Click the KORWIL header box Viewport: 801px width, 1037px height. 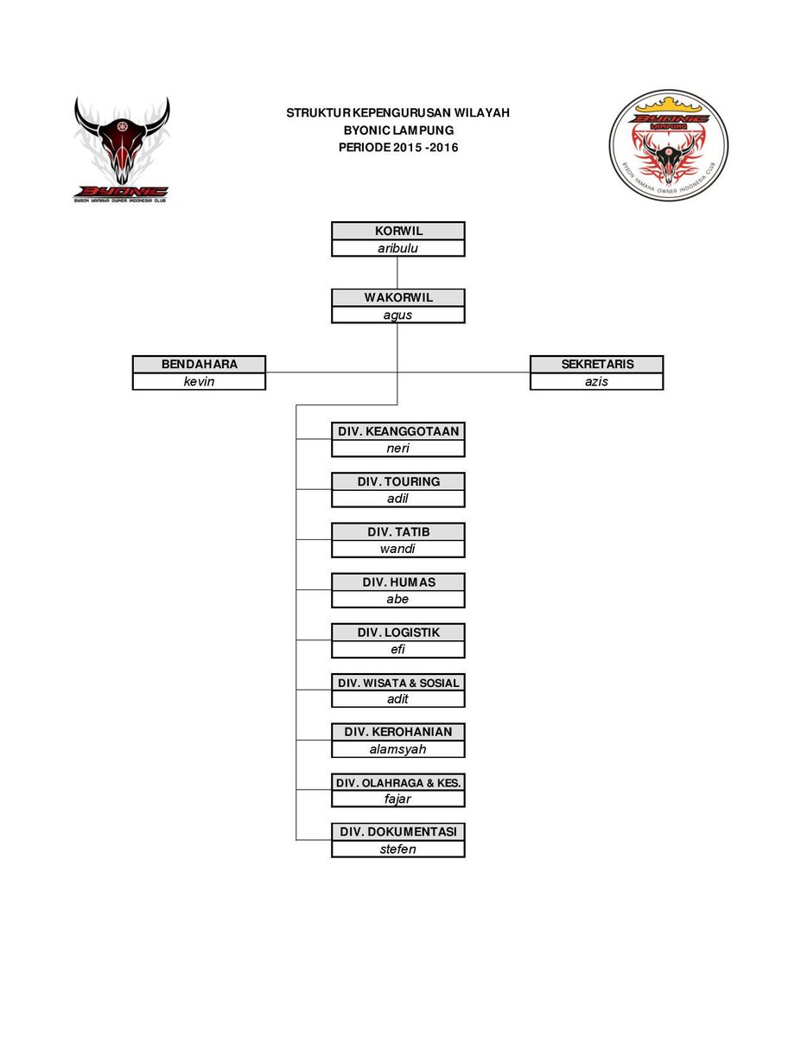coord(398,231)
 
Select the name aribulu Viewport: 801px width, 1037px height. coord(398,248)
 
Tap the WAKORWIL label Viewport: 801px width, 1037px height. coord(398,297)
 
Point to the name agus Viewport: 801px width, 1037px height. coord(398,315)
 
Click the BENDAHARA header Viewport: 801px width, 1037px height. coord(199,364)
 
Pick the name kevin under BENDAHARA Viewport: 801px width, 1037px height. coord(199,381)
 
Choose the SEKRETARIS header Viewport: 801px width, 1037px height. coord(597,364)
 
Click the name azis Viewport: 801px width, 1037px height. coord(597,381)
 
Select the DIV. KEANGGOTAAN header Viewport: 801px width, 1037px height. coord(398,431)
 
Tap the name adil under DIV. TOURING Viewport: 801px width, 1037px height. coord(398,499)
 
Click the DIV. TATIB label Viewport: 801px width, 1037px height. coord(398,531)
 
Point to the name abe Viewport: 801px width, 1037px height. coord(398,599)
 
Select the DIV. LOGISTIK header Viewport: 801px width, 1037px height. coord(398,632)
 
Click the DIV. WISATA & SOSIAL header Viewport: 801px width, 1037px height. coord(398,683)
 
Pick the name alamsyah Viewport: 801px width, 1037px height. coord(398,749)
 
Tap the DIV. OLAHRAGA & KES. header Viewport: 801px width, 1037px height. coord(398,782)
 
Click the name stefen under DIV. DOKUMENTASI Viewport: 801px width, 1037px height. coord(398,849)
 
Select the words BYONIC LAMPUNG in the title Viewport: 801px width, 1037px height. coord(398,130)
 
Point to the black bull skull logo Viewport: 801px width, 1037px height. coord(121,147)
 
